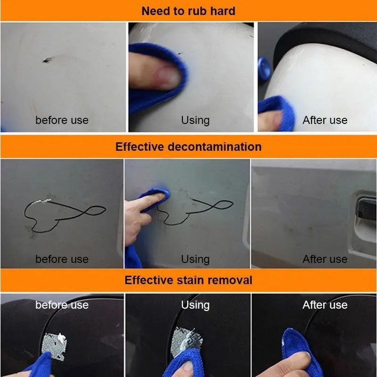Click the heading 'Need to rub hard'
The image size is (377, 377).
188,11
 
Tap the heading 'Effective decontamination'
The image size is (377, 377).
188,147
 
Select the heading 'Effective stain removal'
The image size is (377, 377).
188,280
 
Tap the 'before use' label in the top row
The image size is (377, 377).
62,120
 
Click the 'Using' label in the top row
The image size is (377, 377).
195,120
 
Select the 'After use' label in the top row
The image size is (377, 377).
325,120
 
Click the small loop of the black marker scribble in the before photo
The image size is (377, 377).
96,211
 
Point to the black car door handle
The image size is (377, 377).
366,207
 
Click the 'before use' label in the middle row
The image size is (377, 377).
62,259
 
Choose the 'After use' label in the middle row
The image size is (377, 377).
325,259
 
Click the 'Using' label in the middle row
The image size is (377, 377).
195,260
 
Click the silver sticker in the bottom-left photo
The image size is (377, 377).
54,346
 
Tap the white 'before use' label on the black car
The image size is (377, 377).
62,305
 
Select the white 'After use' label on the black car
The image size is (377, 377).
325,305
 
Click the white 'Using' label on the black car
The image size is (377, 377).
195,305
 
